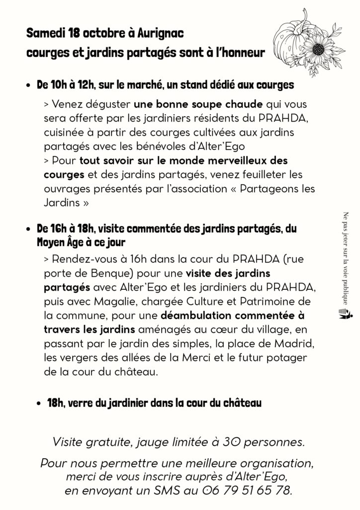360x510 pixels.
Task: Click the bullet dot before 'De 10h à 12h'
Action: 29,86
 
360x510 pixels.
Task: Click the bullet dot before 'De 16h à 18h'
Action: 29,229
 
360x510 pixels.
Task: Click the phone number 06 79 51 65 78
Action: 247,491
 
